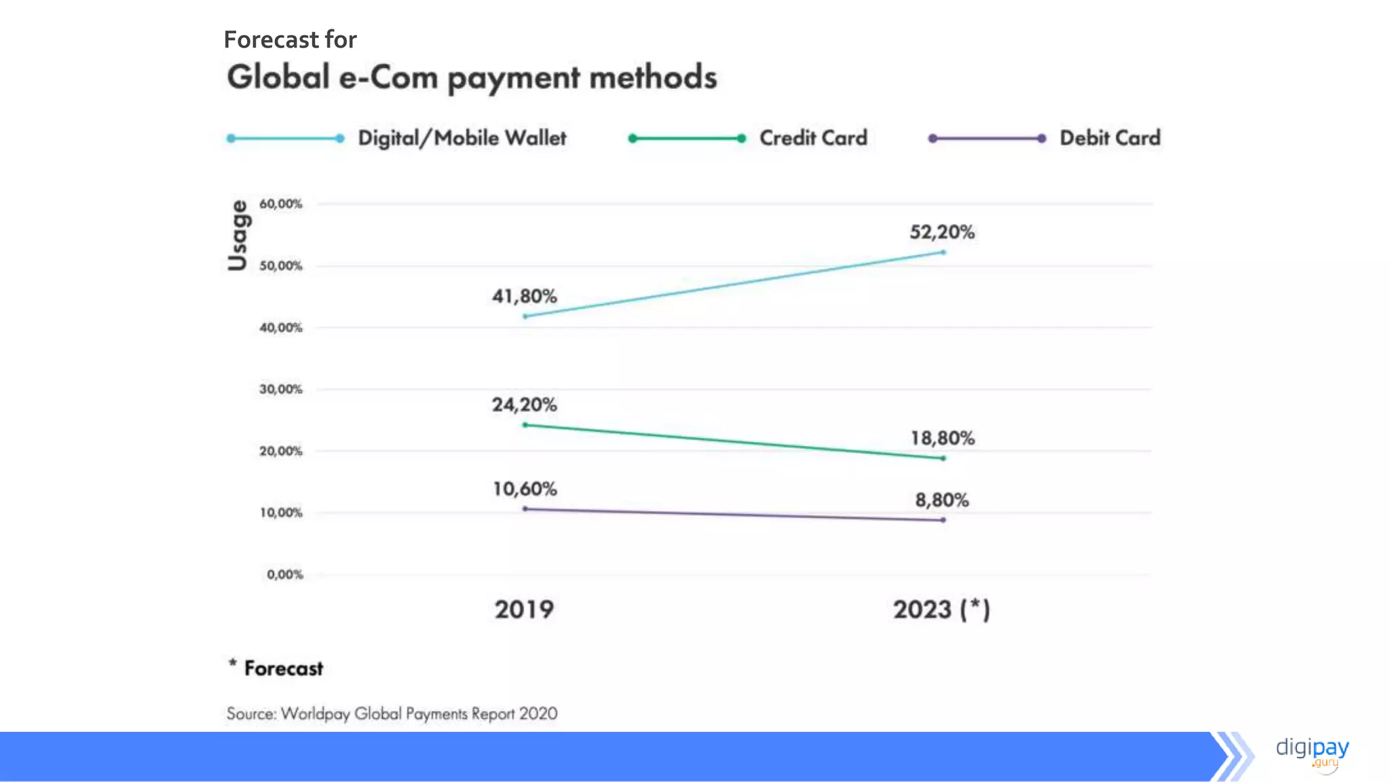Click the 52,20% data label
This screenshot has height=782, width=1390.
942,232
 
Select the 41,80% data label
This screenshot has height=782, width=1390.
524,296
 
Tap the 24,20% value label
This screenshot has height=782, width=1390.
524,405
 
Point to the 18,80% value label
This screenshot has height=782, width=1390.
942,438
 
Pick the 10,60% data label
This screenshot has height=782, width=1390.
524,489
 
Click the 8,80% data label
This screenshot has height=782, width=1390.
942,500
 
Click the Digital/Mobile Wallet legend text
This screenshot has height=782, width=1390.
462,138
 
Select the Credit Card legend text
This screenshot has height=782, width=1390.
813,138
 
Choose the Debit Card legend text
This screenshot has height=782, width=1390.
1110,138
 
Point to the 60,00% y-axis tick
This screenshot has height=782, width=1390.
280,204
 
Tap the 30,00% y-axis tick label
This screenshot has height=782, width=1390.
280,389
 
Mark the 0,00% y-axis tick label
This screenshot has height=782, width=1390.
284,574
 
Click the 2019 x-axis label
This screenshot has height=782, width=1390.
524,610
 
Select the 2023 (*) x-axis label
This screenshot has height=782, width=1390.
941,610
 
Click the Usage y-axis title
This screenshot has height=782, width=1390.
238,235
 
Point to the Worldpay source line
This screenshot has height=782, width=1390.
392,713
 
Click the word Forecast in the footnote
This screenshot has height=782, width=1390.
284,669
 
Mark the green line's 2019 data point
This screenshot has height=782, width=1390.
525,425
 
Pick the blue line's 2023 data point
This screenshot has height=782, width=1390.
943,253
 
